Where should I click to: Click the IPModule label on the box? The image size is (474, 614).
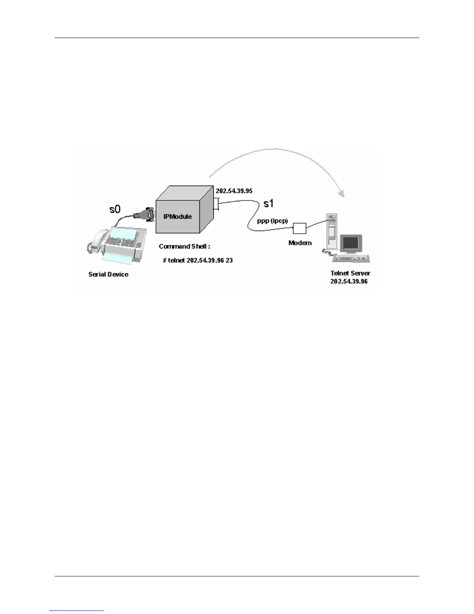point(177,216)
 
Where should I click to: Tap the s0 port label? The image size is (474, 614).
point(115,209)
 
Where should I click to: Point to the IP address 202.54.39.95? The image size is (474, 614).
point(234,191)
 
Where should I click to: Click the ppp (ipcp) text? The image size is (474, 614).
point(272,221)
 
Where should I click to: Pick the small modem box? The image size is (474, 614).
point(299,228)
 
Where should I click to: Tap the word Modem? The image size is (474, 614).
point(300,243)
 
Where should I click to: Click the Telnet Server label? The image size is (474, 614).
point(350,273)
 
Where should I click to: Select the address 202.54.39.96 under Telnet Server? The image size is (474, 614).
point(349,281)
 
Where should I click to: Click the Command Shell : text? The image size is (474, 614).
point(184,246)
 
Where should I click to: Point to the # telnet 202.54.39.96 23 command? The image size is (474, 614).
point(198,260)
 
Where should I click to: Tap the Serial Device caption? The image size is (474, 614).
point(108,274)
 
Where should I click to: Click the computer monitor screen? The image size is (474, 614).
point(351,243)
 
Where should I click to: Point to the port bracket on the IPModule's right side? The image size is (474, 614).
point(217,204)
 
